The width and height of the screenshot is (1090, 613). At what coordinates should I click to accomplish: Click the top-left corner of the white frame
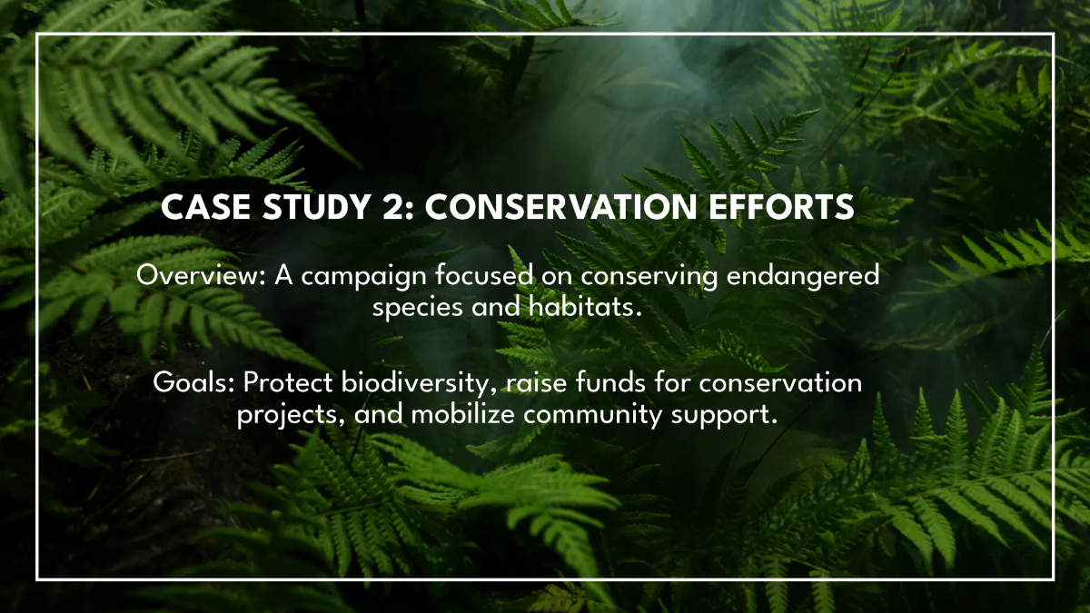(37, 35)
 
